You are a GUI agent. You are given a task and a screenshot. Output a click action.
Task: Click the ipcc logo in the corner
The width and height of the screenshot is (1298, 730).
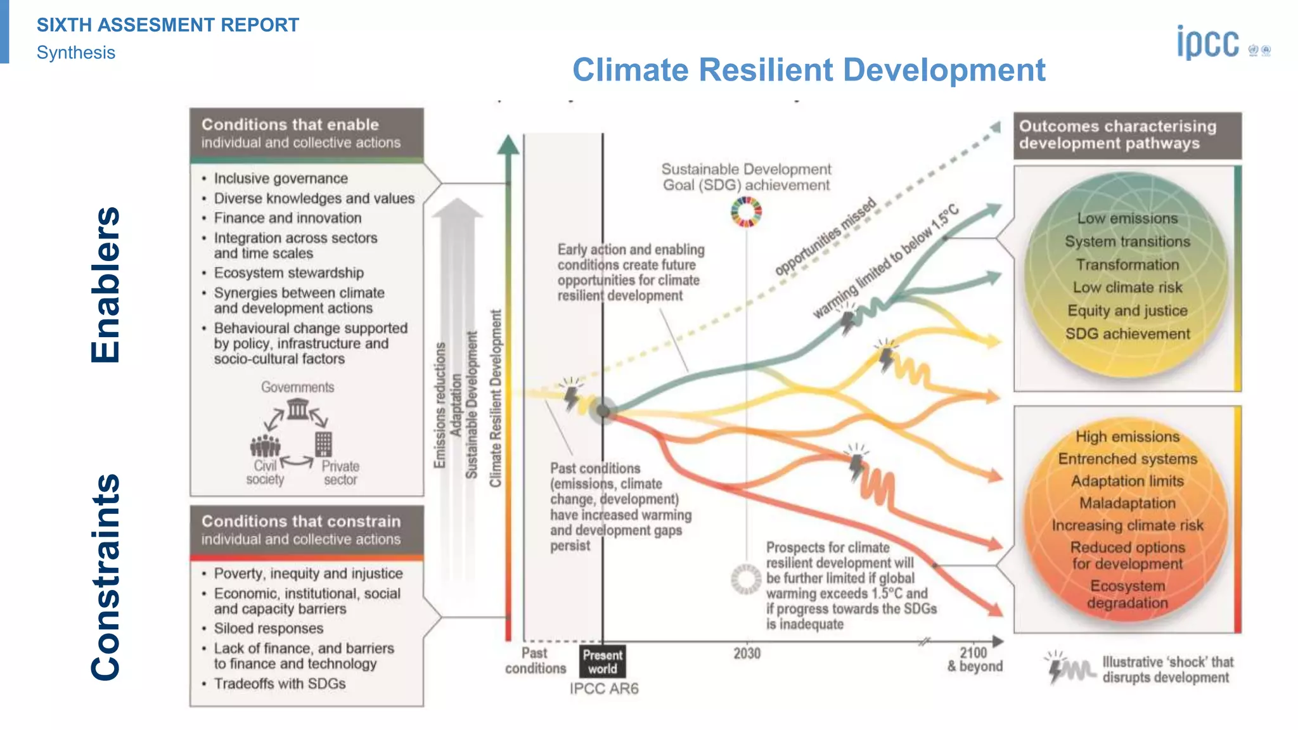(1207, 43)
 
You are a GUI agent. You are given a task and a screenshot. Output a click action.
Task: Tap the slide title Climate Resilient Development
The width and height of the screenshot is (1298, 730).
(809, 70)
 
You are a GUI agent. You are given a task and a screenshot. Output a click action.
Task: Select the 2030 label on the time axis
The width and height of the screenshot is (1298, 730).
(747, 653)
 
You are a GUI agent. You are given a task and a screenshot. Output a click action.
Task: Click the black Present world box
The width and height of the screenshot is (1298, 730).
(602, 662)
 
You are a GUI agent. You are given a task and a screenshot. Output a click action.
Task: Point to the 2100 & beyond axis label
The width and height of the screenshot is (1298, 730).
(974, 660)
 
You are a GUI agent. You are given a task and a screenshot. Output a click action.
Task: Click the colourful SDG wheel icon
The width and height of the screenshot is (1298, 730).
(746, 212)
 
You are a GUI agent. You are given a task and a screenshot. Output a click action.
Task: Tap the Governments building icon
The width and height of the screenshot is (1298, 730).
(297, 409)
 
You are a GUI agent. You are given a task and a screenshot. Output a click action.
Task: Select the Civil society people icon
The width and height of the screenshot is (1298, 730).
(265, 445)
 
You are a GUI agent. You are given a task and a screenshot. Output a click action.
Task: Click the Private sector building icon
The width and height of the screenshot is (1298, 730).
(323, 444)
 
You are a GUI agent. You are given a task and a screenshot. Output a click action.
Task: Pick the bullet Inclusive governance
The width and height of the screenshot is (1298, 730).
(281, 179)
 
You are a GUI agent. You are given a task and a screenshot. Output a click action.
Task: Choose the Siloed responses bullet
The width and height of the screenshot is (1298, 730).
(269, 629)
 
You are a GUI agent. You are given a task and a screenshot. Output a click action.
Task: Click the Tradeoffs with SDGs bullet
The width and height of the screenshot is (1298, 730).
(280, 684)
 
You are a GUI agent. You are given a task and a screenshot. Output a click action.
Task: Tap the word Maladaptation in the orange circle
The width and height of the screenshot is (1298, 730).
(1127, 503)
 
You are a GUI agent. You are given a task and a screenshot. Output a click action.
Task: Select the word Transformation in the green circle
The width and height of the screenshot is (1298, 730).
(1127, 265)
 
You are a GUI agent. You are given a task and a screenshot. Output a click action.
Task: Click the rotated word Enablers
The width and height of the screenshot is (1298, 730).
(105, 285)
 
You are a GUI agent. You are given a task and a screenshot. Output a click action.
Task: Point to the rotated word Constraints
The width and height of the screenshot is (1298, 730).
(105, 577)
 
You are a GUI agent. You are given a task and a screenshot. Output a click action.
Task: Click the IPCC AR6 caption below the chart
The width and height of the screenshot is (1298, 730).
(603, 689)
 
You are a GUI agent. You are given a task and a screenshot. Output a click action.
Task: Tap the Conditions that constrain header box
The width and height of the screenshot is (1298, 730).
(307, 530)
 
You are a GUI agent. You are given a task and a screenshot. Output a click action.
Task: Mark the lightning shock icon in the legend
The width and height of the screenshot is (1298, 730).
(1055, 667)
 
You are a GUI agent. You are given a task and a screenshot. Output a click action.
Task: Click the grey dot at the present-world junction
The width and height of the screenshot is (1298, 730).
(603, 411)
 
